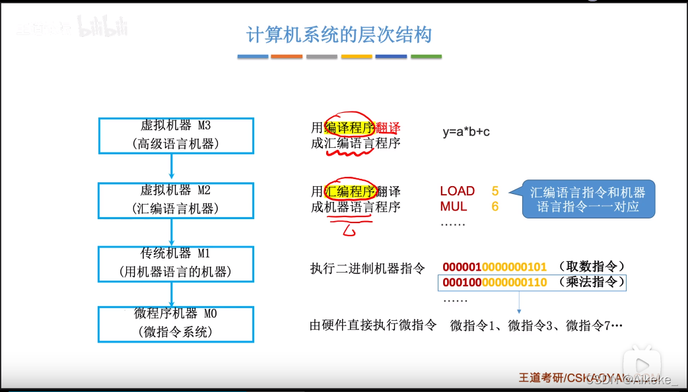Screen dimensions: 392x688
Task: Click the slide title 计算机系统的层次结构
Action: (339, 34)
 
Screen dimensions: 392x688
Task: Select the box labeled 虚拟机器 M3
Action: (176, 135)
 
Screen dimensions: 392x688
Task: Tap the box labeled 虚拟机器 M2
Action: (176, 199)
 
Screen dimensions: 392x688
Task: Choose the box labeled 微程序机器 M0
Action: (176, 323)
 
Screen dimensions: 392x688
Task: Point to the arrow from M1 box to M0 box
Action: (172, 294)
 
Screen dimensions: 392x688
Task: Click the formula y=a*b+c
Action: (466, 131)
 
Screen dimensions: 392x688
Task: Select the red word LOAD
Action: (458, 191)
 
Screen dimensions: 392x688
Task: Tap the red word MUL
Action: (454, 207)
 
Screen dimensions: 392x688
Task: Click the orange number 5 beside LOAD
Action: (495, 191)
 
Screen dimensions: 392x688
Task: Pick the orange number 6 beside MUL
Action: (495, 207)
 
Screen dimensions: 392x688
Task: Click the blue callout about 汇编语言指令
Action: (588, 199)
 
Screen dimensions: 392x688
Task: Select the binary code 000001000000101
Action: (495, 267)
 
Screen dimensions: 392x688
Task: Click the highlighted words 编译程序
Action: (350, 127)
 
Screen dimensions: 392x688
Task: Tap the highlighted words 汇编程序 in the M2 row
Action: (351, 192)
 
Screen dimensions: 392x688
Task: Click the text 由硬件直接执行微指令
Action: (373, 325)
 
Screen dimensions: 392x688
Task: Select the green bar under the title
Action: (426, 57)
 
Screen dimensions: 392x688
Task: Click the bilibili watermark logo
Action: (102, 27)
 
